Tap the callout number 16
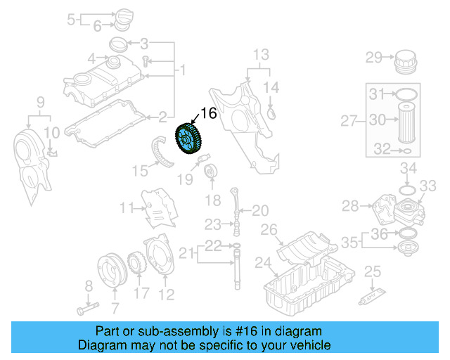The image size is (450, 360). click(209, 113)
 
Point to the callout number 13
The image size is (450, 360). click(261, 55)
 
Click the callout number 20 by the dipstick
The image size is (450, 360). click(259, 210)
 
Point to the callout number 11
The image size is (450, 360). click(126, 207)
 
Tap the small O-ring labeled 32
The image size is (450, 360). click(406, 150)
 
